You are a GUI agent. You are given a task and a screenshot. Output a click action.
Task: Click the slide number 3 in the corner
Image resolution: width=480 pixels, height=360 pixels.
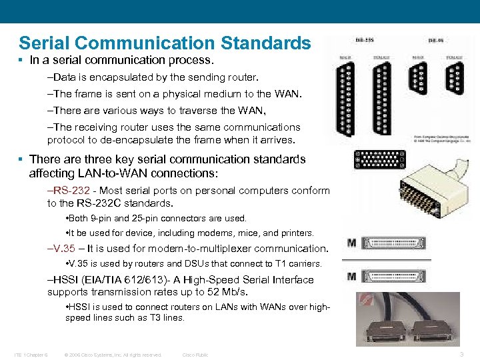463,355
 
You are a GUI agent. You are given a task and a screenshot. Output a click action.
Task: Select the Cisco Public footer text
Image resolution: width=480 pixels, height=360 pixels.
195,355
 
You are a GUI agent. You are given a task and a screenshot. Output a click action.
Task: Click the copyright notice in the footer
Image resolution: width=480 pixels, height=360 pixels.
113,355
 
